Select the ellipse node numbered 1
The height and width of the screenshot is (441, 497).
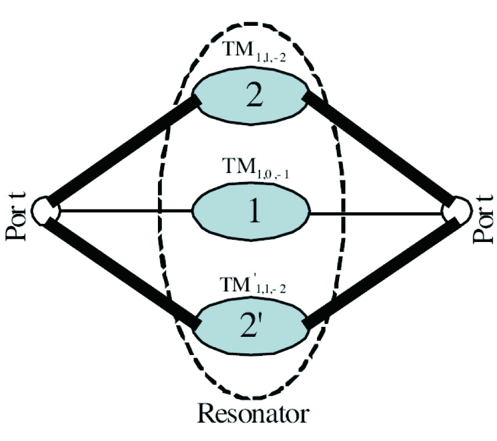click(x=251, y=212)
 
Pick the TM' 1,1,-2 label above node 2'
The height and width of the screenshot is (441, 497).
click(x=251, y=287)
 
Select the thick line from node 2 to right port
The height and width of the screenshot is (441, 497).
click(x=381, y=152)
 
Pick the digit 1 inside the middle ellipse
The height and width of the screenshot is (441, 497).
click(x=253, y=213)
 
